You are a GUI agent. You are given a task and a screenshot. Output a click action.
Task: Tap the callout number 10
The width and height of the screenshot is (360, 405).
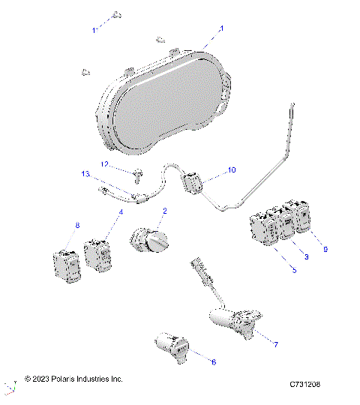point(231,170)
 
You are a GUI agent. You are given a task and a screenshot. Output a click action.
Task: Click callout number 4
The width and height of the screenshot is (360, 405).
point(120,213)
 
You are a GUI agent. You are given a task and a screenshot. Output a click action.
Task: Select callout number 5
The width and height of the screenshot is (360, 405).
point(293,269)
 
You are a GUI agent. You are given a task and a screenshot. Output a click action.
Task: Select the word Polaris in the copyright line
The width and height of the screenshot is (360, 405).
point(67,380)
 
